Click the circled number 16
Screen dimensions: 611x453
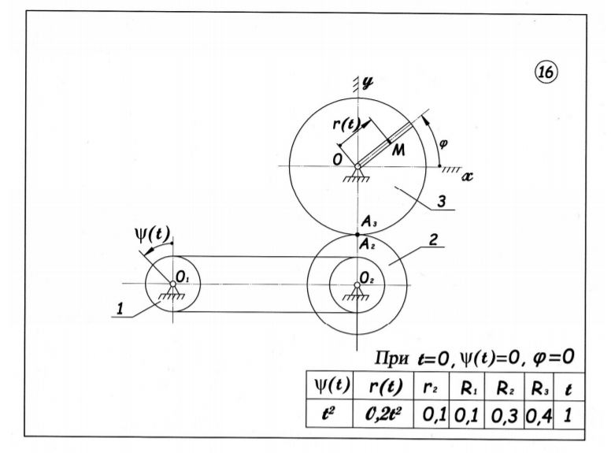[545, 72]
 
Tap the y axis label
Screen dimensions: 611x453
[367, 82]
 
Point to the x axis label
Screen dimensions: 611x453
[466, 176]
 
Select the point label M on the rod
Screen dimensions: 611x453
[398, 150]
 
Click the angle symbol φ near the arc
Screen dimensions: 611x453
[443, 144]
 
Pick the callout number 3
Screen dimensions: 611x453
[441, 202]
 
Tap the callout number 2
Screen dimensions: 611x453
[433, 239]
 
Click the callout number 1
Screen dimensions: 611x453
[120, 309]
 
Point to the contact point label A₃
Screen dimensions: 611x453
[369, 222]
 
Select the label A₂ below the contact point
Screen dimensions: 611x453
[368, 245]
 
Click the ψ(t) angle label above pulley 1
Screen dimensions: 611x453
[152, 234]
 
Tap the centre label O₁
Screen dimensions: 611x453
[183, 277]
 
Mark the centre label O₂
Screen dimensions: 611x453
[367, 278]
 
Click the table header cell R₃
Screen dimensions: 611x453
[539, 388]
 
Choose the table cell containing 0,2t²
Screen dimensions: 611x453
[383, 414]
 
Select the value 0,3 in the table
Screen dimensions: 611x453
[504, 416]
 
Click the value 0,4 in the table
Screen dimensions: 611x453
[539, 416]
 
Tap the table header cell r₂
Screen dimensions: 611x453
[431, 388]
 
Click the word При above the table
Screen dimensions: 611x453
[391, 358]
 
